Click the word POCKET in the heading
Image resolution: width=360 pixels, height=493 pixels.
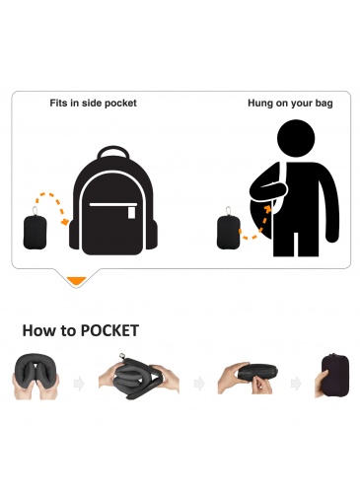tap(109, 330)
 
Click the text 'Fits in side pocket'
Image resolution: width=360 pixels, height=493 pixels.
tap(93, 104)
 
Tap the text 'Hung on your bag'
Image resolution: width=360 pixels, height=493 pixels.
tap(290, 104)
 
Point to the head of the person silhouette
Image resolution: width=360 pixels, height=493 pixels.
tap(296, 138)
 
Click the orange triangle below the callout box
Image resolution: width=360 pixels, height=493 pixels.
tap(76, 281)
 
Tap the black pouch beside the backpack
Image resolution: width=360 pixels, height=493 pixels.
tap(35, 231)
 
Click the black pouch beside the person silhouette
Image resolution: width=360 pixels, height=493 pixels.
tap(229, 232)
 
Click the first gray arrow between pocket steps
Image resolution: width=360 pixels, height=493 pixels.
tap(79, 384)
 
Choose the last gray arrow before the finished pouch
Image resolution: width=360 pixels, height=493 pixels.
tap(296, 384)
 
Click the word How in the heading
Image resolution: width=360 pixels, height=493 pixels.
tap(38, 330)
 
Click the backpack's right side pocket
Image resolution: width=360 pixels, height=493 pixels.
tap(151, 234)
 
